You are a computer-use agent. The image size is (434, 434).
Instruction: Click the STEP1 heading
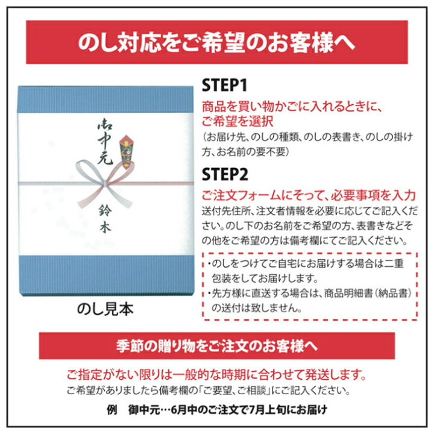tap(224, 85)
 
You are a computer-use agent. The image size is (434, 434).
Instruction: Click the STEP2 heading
tap(225, 174)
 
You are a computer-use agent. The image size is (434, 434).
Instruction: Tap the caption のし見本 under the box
tap(105, 309)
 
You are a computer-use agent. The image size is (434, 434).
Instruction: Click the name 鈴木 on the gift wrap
tap(105, 219)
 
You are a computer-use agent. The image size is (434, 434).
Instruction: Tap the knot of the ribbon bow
tap(105, 183)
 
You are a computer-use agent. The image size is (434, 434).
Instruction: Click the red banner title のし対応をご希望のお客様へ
tap(216, 43)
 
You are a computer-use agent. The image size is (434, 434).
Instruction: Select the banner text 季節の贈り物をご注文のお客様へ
tap(217, 346)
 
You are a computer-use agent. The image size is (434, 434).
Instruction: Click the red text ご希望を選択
tap(237, 122)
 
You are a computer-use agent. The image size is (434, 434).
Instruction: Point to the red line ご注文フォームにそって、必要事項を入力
tap(309, 196)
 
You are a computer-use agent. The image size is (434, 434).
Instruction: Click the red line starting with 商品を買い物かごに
tap(292, 107)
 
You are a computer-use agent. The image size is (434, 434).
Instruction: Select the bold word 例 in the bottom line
tap(112, 410)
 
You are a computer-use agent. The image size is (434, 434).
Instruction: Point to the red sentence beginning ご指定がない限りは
tap(217, 375)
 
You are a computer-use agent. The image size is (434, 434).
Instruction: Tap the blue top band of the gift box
tap(105, 99)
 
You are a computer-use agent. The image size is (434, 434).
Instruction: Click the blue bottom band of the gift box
tap(106, 275)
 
